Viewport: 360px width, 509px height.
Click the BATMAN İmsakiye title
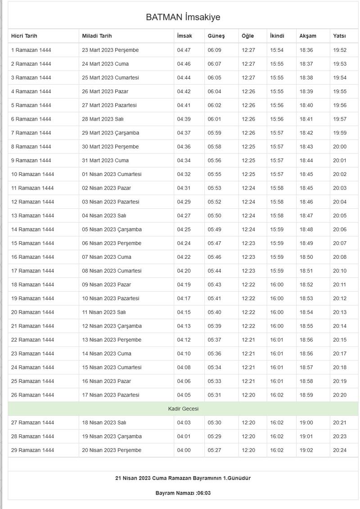pos(183,18)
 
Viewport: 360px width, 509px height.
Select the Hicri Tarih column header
pos(24,36)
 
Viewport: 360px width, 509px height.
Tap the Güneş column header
pos(216,36)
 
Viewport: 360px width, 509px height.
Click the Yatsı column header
pos(339,36)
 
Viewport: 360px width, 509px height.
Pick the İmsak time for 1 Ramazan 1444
pos(184,50)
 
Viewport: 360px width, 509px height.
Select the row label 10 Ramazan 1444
pos(32,174)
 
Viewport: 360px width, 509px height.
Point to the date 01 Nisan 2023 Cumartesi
pos(112,174)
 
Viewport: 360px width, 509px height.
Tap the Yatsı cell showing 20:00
pos(340,147)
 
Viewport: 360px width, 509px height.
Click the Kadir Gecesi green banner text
pos(183,409)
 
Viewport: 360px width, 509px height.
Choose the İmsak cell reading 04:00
pos(184,450)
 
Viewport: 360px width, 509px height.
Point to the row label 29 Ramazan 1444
pos(32,450)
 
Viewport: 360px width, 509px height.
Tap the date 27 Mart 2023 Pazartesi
pos(109,105)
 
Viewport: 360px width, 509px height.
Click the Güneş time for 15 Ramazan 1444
pos(215,243)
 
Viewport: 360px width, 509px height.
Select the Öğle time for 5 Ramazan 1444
pos(248,105)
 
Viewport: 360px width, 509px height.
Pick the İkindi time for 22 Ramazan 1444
pos(277,340)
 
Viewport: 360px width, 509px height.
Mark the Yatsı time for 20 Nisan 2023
pos(340,450)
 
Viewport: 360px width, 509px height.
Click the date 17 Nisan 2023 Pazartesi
pos(111,395)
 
